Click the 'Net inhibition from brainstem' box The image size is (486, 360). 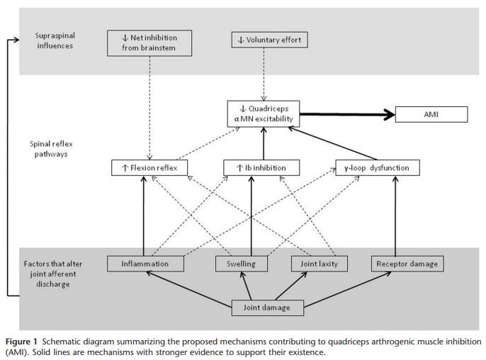coord(149,43)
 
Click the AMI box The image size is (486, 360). coord(431,114)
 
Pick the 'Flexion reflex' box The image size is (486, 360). coord(150,168)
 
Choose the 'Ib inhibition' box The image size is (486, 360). coord(260,168)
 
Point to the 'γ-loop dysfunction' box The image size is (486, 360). coord(377,168)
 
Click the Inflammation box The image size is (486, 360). coord(145,264)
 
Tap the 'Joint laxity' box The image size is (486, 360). coord(315,264)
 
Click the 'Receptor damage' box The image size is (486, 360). coord(407,264)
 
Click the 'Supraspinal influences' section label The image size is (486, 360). coord(55,40)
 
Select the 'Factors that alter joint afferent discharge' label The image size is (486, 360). coord(51,273)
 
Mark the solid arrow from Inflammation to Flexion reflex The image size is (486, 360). coord(143,216)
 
